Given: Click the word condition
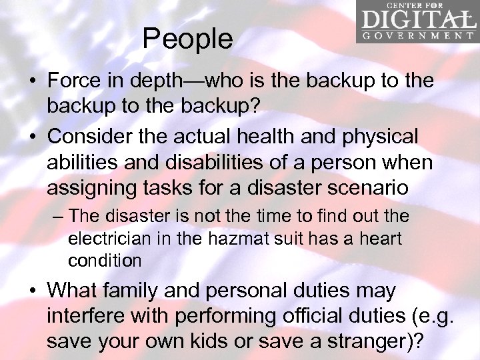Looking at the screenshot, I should point(105,260).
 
